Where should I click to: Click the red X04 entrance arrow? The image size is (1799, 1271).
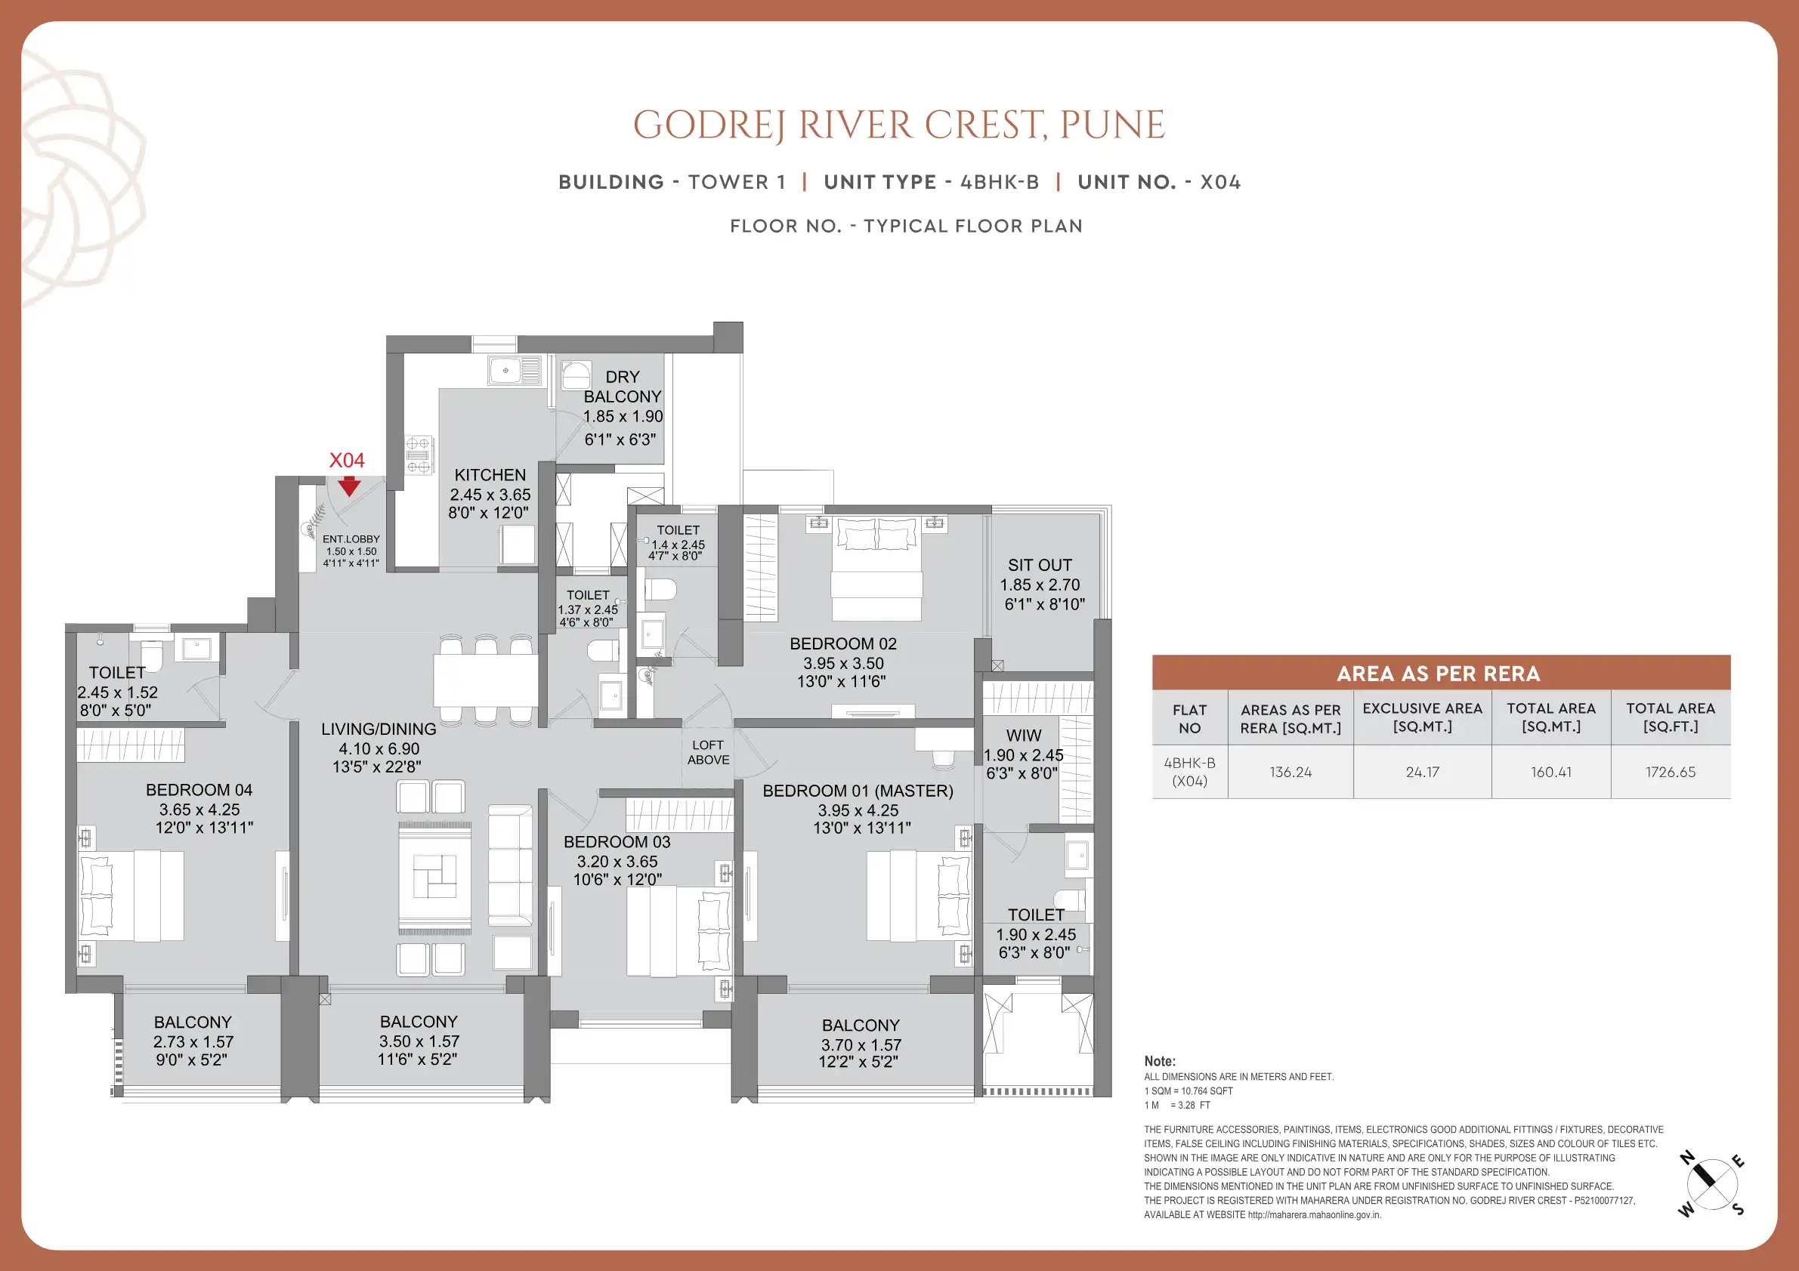click(x=348, y=486)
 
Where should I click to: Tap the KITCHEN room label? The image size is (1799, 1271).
click(x=490, y=475)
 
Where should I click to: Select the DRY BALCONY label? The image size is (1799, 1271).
click(x=622, y=387)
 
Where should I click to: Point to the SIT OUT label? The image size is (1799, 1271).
click(x=1040, y=566)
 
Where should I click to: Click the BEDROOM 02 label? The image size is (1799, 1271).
click(x=843, y=643)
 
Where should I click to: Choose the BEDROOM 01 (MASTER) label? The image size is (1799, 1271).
click(x=858, y=791)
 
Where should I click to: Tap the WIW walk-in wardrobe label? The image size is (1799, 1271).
click(x=1023, y=736)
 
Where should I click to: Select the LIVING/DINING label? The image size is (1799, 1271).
click(x=379, y=729)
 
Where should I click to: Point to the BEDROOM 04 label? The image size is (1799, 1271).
click(x=199, y=790)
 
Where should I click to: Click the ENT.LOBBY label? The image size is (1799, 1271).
click(x=351, y=538)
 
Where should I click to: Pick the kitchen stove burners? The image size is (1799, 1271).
click(x=419, y=455)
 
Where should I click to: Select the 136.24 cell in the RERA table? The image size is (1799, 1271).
click(x=1291, y=772)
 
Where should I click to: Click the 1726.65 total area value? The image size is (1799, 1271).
click(x=1671, y=772)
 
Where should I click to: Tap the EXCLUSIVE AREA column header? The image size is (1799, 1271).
click(x=1422, y=717)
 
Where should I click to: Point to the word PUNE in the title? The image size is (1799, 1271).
click(x=1112, y=125)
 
